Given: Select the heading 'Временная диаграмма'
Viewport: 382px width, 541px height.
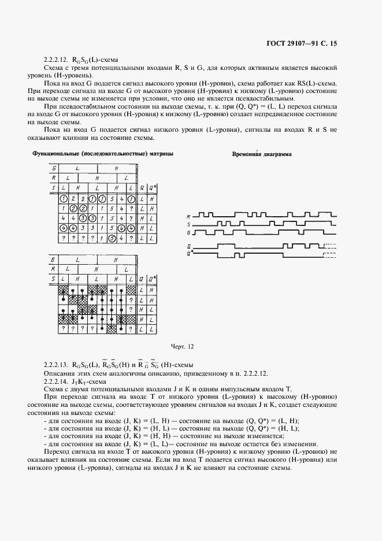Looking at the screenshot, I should pos(261,155).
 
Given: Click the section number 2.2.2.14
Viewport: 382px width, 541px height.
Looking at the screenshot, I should pos(57,381).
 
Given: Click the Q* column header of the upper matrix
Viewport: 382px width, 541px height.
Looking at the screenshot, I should pos(151,188).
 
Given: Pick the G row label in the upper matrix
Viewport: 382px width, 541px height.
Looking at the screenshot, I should pos(54,168).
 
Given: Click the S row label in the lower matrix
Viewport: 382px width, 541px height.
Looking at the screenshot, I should pos(53,279).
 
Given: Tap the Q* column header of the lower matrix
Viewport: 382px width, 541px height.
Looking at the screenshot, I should pos(151,279).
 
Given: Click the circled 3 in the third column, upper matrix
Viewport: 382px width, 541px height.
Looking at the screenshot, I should pos(84,218).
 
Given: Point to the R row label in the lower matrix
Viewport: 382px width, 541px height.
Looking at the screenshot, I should pos(53,269).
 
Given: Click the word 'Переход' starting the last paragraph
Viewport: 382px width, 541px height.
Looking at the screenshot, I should pos(58,451).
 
